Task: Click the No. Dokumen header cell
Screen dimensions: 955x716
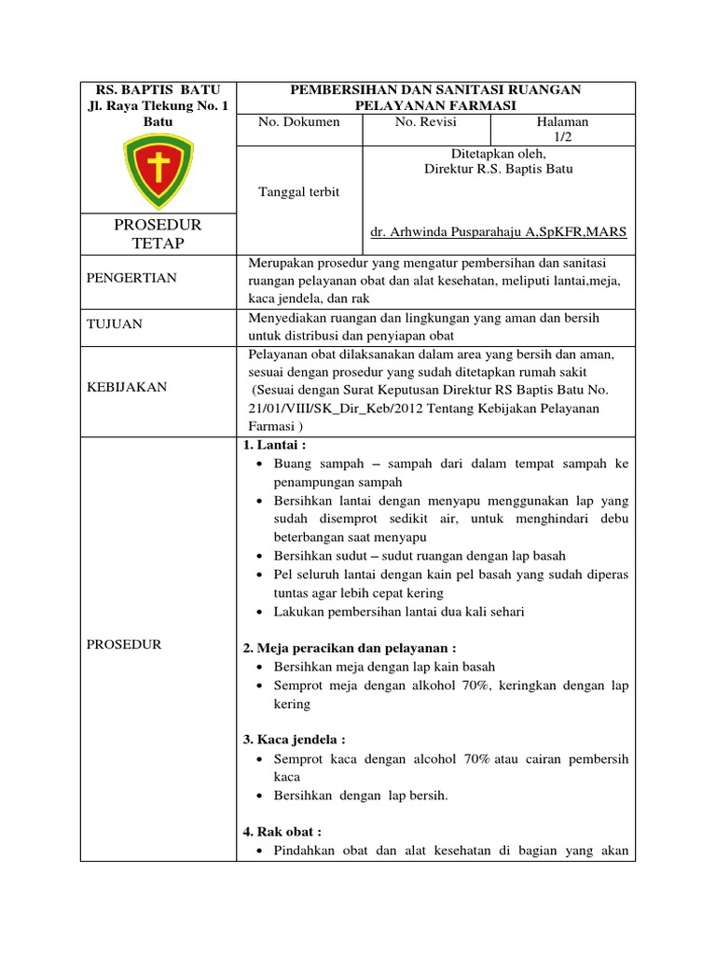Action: pyautogui.click(x=299, y=122)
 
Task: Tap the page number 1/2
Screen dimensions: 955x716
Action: pyautogui.click(x=562, y=137)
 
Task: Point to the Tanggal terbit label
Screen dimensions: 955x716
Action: pyautogui.click(x=298, y=191)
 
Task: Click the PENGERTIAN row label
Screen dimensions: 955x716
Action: pyautogui.click(x=131, y=278)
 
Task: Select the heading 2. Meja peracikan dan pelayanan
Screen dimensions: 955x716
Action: pyautogui.click(x=350, y=647)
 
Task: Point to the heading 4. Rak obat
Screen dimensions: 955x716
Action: pyautogui.click(x=282, y=830)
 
